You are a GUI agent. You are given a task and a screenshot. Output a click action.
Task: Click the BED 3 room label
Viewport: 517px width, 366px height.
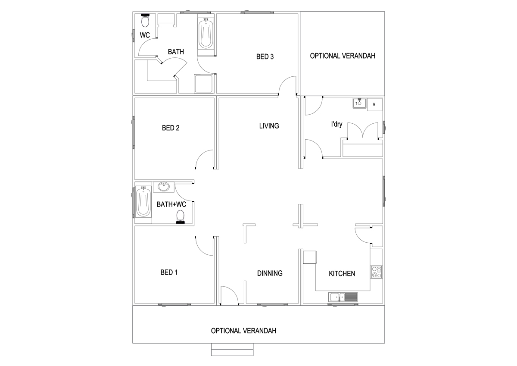pyautogui.click(x=265, y=56)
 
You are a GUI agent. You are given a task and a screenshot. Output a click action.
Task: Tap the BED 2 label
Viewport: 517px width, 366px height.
pyautogui.click(x=171, y=128)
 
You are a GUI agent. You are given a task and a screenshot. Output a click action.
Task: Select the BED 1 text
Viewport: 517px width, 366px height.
pyautogui.click(x=169, y=272)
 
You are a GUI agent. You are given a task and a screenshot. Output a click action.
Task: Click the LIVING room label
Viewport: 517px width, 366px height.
pyautogui.click(x=269, y=126)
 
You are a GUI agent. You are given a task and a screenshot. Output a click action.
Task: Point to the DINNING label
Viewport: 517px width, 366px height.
pyautogui.click(x=270, y=273)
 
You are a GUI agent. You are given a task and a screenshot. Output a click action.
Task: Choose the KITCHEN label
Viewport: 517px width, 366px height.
pyautogui.click(x=342, y=274)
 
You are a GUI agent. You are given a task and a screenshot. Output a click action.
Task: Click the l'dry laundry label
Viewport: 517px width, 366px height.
pyautogui.click(x=336, y=124)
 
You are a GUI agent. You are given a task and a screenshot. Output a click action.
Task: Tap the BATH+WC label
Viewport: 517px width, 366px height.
pyautogui.click(x=171, y=204)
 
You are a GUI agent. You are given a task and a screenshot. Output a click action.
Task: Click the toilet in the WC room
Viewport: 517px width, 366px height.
pyautogui.click(x=145, y=20)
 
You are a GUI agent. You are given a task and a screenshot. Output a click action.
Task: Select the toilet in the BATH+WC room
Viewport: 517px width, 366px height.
pyautogui.click(x=180, y=216)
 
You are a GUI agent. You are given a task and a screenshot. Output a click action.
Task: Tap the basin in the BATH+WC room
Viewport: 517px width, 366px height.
pyautogui.click(x=164, y=187)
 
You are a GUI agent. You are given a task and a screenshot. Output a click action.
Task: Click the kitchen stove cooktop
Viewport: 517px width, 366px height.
pyautogui.click(x=377, y=272)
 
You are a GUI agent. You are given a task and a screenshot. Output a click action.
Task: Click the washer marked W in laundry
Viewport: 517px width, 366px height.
pyautogui.click(x=374, y=104)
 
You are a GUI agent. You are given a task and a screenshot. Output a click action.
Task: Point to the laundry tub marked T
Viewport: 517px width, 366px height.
pyautogui.click(x=359, y=103)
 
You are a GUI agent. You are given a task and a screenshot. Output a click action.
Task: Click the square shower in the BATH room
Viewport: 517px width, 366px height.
pyautogui.click(x=203, y=83)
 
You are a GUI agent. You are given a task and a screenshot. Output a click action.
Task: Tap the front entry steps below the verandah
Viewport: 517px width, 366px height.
pyautogui.click(x=232, y=349)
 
